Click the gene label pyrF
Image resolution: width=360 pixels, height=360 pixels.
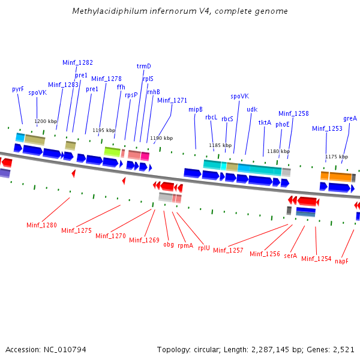point(18,89)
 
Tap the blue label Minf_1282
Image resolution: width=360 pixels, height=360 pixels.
point(77,62)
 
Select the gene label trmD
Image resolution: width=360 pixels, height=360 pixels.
point(144,66)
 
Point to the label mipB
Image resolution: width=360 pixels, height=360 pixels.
point(196,109)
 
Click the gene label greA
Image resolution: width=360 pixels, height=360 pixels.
point(350,118)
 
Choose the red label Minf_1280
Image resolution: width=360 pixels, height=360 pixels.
point(41,225)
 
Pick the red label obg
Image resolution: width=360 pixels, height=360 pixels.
point(169,244)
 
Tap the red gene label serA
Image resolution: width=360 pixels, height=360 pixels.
point(290,255)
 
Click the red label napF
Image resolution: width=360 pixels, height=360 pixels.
point(341,261)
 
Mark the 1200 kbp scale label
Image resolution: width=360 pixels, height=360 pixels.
point(46,121)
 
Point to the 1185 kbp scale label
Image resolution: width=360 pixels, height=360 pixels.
point(220,145)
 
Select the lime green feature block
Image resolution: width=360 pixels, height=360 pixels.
point(112,151)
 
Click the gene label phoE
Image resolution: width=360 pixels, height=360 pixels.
point(283,124)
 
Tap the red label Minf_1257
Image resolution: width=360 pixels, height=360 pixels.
point(228,250)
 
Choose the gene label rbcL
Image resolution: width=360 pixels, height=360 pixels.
point(211,117)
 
